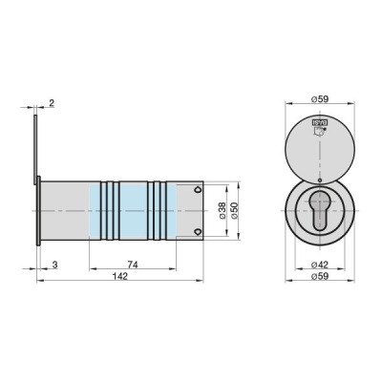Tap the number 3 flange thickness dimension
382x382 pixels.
coord(54,263)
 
